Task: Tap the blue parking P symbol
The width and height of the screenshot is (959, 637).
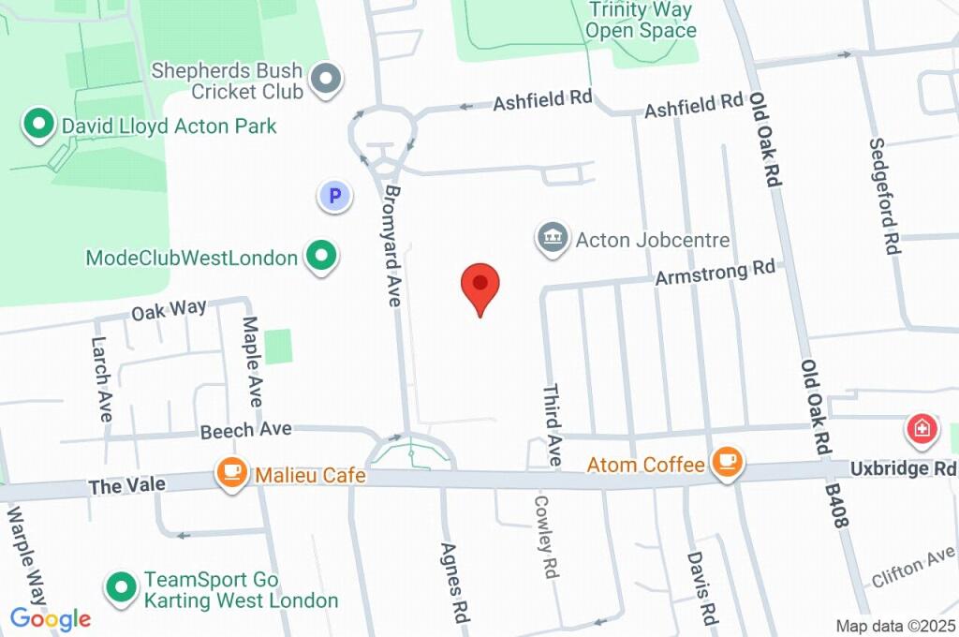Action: tap(334, 196)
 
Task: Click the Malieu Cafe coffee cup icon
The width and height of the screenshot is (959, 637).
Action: tap(231, 473)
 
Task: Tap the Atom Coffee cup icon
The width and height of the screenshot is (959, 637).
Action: tap(727, 462)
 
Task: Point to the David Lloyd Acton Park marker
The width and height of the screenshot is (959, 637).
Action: tap(38, 126)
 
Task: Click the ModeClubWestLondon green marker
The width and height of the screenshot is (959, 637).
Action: tap(322, 257)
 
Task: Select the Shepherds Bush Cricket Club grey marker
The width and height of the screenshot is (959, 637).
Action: tap(326, 81)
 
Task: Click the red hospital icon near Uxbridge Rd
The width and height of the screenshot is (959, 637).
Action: tap(922, 430)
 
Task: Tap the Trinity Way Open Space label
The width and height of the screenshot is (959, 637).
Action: tap(641, 21)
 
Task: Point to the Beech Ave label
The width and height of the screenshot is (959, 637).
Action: tap(246, 430)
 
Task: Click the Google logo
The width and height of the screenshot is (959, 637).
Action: tap(51, 618)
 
